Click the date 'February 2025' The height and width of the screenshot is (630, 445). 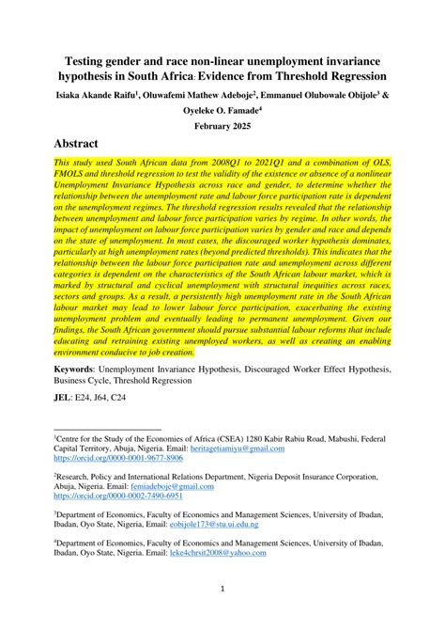tap(222, 124)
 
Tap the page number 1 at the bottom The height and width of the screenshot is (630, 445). tap(222, 590)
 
